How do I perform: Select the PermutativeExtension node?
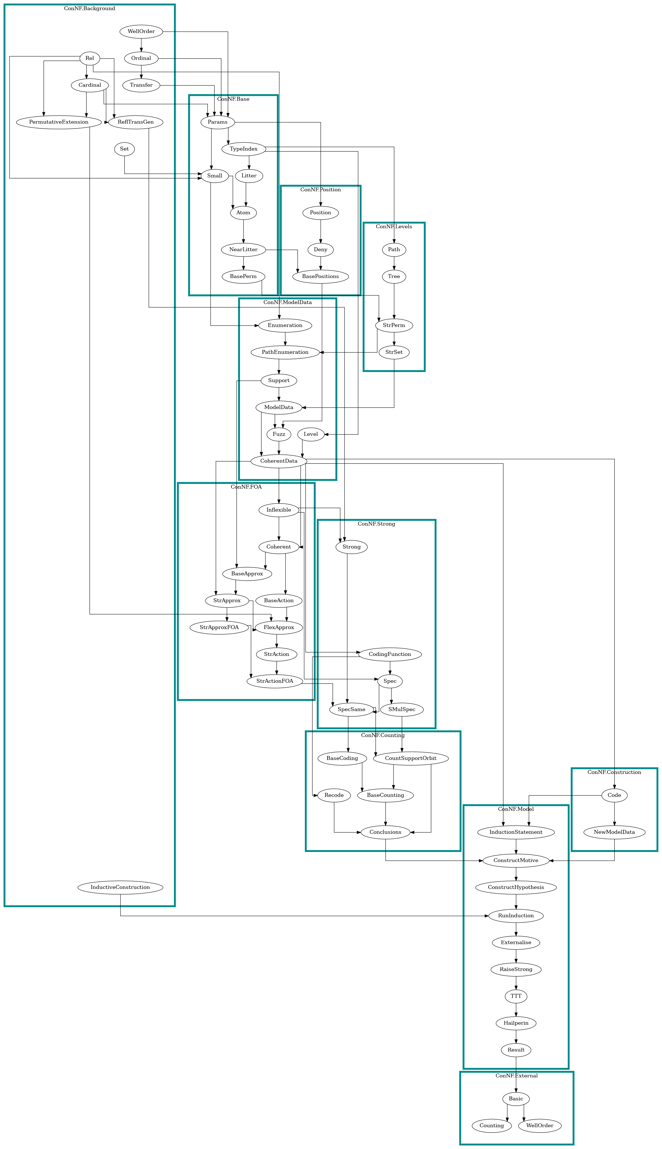pyautogui.click(x=59, y=122)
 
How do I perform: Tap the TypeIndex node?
pyautogui.click(x=243, y=149)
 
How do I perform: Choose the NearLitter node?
pyautogui.click(x=243, y=249)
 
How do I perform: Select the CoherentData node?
pyautogui.click(x=279, y=461)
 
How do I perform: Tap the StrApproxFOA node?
pyautogui.click(x=219, y=627)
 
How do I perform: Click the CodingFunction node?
pyautogui.click(x=390, y=654)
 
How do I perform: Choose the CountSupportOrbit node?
pyautogui.click(x=411, y=758)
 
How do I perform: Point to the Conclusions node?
pyautogui.click(x=386, y=832)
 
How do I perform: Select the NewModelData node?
pyautogui.click(x=614, y=832)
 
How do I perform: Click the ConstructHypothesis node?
pyautogui.click(x=516, y=887)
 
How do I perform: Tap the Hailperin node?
pyautogui.click(x=516, y=1023)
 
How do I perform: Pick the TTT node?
pyautogui.click(x=516, y=996)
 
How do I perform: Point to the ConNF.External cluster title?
pyautogui.click(x=517, y=1076)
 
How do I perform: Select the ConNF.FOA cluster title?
pyautogui.click(x=246, y=487)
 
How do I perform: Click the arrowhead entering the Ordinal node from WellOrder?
pyautogui.click(x=142, y=50)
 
